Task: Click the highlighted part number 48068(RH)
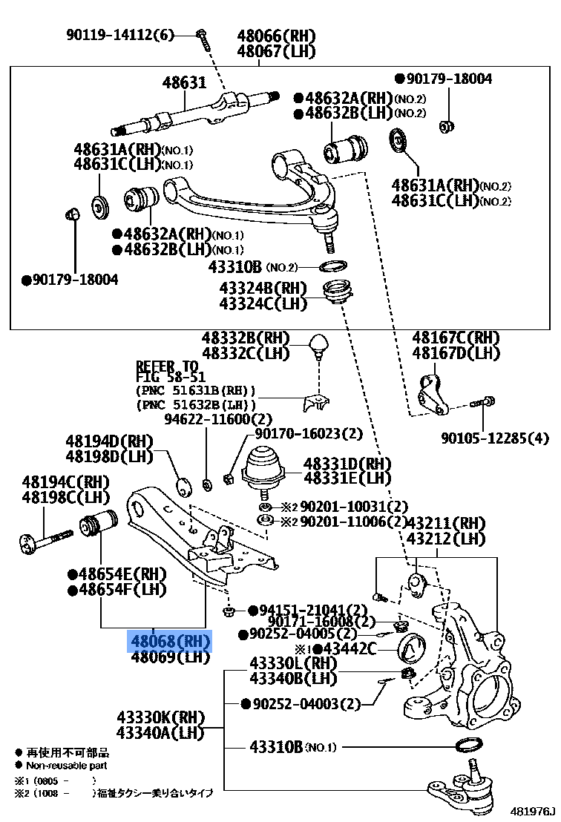pyautogui.click(x=171, y=641)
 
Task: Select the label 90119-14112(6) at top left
pyautogui.click(x=119, y=35)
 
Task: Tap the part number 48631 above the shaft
pyautogui.click(x=184, y=83)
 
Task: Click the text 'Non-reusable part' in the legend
pyautogui.click(x=67, y=765)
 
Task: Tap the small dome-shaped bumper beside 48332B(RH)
pyautogui.click(x=319, y=343)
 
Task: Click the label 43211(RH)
pyautogui.click(x=447, y=523)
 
